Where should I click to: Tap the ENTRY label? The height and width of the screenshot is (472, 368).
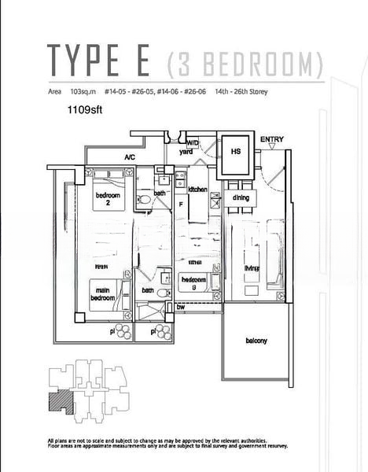click(x=272, y=140)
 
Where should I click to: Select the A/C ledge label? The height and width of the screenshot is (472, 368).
click(x=130, y=158)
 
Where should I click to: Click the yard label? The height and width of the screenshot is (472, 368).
click(x=186, y=151)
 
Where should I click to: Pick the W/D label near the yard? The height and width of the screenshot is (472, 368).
click(x=193, y=142)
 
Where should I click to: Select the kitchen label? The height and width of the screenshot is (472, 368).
click(x=197, y=190)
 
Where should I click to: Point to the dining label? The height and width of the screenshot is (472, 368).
click(x=241, y=198)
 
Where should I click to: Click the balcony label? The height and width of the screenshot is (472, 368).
click(x=256, y=341)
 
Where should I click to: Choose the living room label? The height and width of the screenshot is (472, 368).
click(x=252, y=268)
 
